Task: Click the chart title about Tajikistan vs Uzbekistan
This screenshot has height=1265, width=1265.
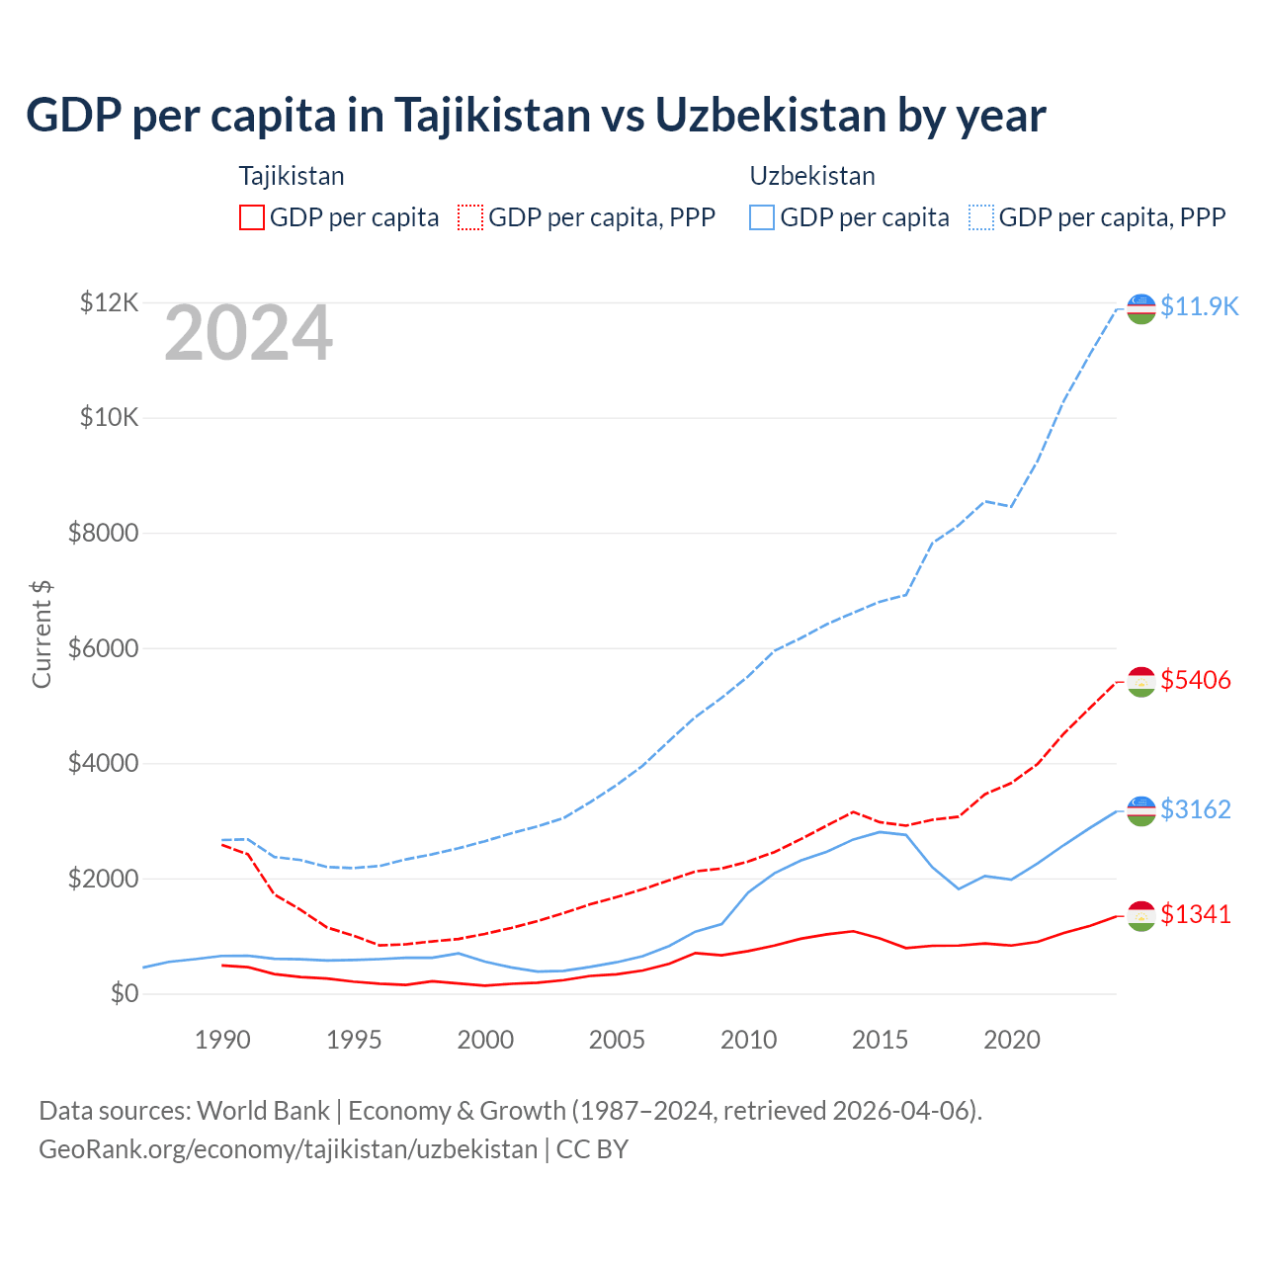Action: click(536, 116)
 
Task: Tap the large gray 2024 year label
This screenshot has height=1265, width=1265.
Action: click(248, 334)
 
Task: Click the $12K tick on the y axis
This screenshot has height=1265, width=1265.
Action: click(109, 302)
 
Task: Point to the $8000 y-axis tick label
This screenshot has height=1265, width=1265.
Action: click(103, 534)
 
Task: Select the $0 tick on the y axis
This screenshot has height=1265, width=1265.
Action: click(125, 993)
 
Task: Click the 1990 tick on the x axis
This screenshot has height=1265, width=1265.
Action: click(222, 1040)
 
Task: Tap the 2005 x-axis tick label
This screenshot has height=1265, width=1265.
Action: click(617, 1040)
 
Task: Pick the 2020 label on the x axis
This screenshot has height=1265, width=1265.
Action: click(1012, 1040)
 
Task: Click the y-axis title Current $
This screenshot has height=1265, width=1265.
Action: click(42, 633)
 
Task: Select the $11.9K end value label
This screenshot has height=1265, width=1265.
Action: click(1199, 306)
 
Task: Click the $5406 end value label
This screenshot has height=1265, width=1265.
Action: click(1196, 680)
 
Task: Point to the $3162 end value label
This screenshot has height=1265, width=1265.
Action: click(1196, 809)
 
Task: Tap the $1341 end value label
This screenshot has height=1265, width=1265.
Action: click(1196, 914)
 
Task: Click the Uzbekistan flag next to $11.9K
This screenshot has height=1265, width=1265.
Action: click(1141, 308)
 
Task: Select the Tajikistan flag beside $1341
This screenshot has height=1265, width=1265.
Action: click(1141, 916)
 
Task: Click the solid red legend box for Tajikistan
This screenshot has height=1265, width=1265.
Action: click(252, 217)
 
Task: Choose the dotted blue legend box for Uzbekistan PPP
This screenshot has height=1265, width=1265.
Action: click(981, 217)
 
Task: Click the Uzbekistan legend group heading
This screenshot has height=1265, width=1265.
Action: click(812, 176)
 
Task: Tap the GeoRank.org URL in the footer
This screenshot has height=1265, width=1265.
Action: click(288, 1149)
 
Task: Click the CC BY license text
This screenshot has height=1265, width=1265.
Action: click(592, 1149)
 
